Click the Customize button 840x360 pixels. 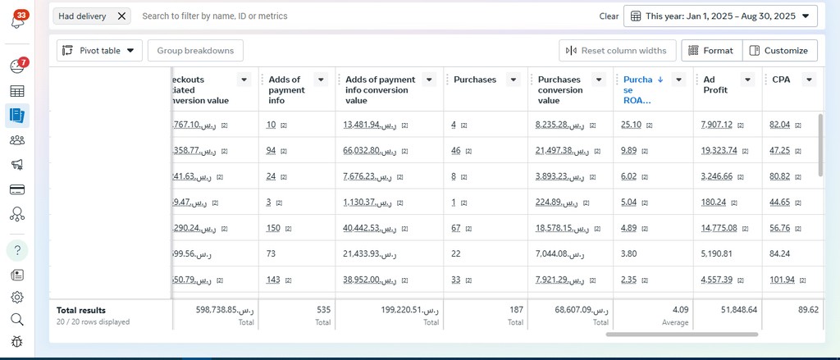tap(779, 51)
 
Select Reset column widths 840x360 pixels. tap(617, 51)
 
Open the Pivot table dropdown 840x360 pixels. tap(99, 51)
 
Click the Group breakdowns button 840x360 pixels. tap(195, 51)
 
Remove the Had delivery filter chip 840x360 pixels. tap(121, 16)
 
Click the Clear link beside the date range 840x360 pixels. tap(609, 16)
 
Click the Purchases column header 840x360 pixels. tap(475, 80)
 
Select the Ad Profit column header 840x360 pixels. tap(715, 84)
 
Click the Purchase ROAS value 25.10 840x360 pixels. tap(631, 125)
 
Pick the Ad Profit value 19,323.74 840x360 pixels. tap(719, 151)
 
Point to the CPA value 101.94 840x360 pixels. tap(780, 280)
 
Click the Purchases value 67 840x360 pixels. tap(455, 228)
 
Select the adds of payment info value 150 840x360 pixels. tap(273, 228)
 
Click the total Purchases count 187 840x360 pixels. tap(516, 310)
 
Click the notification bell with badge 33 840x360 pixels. tap(17, 21)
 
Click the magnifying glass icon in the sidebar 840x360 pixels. tap(17, 319)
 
